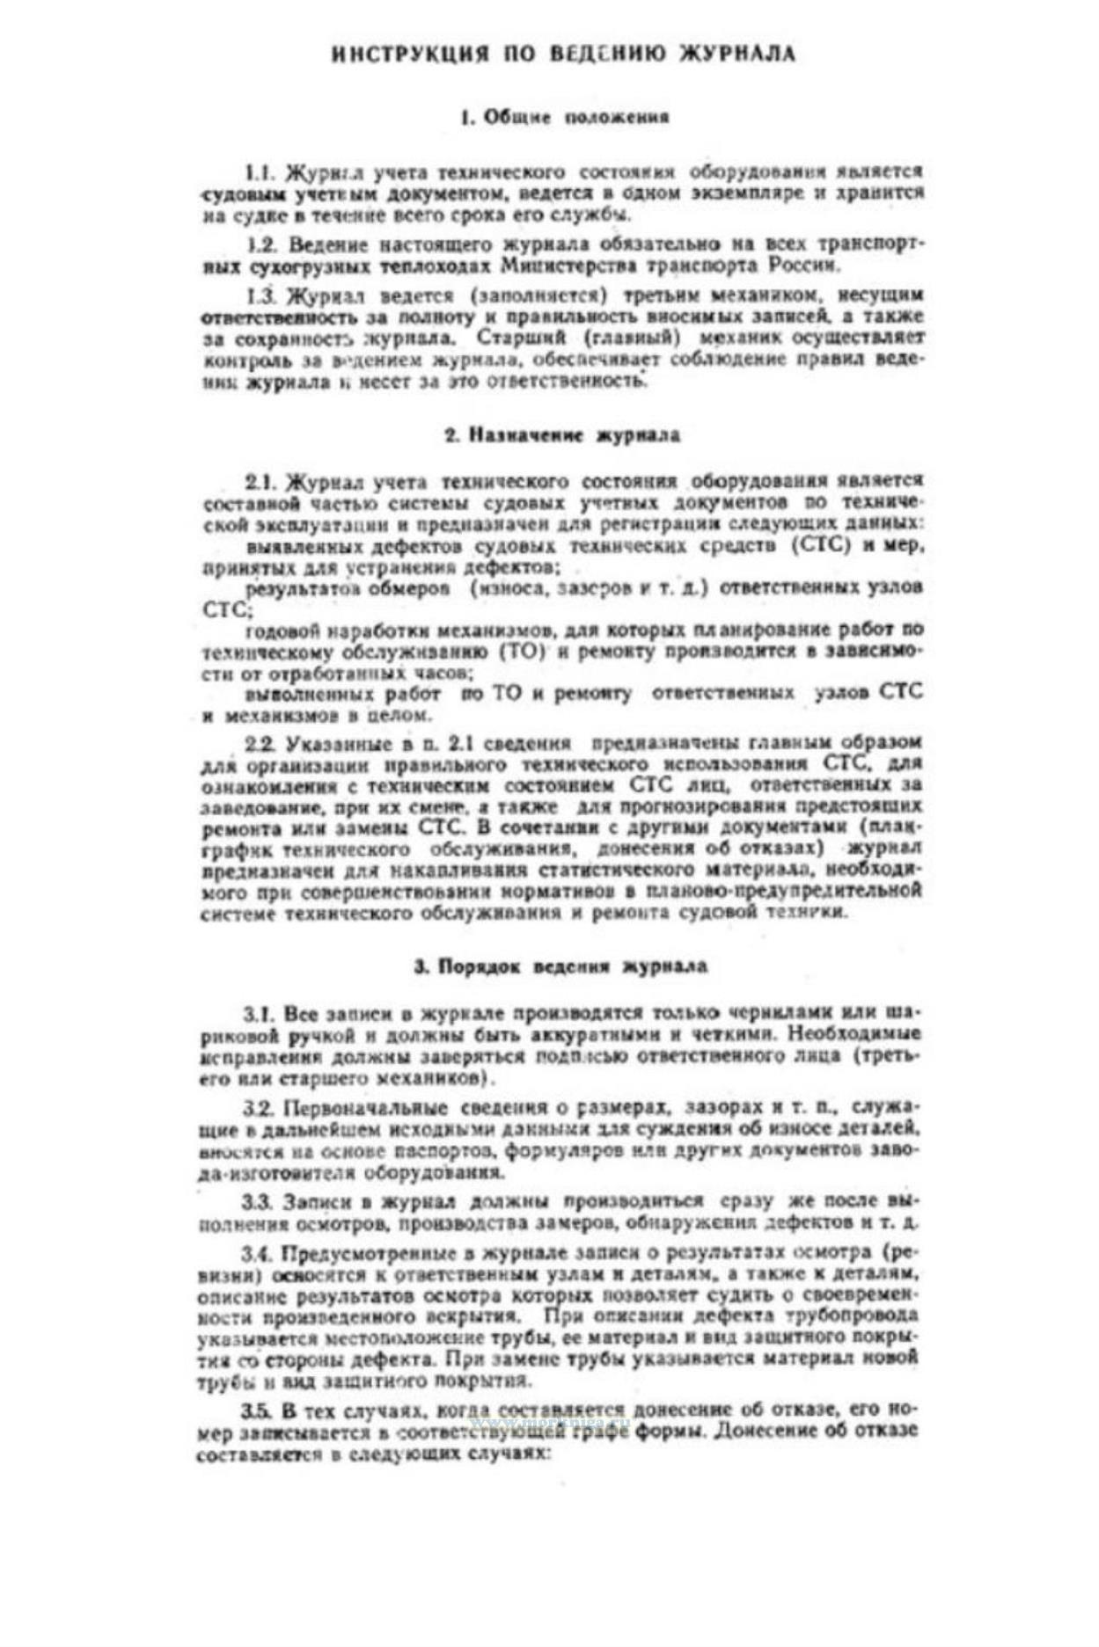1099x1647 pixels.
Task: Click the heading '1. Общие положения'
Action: click(565, 117)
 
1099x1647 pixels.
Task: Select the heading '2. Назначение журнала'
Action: click(561, 435)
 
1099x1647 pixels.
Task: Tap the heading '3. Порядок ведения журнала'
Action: click(560, 966)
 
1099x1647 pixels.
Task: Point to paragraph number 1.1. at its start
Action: click(260, 172)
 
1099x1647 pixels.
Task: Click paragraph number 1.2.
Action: click(260, 244)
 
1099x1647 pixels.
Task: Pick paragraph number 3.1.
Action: click(260, 1012)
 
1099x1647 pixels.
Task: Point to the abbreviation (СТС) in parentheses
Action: click(822, 545)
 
